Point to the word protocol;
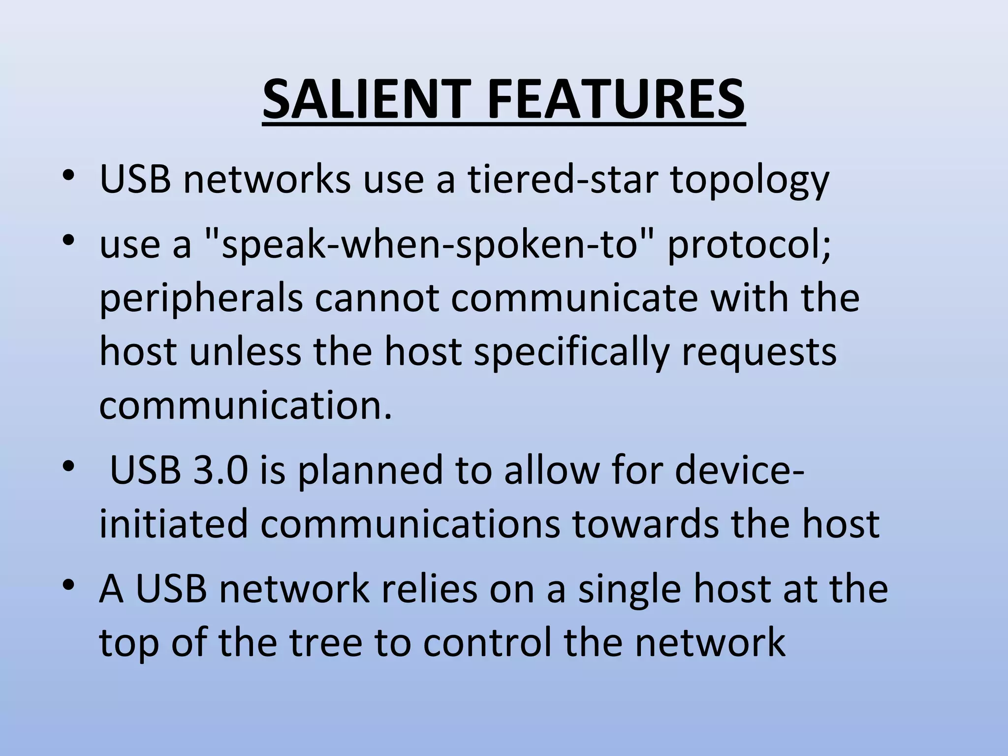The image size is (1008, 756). click(x=749, y=246)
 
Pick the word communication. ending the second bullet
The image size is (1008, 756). click(x=246, y=406)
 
